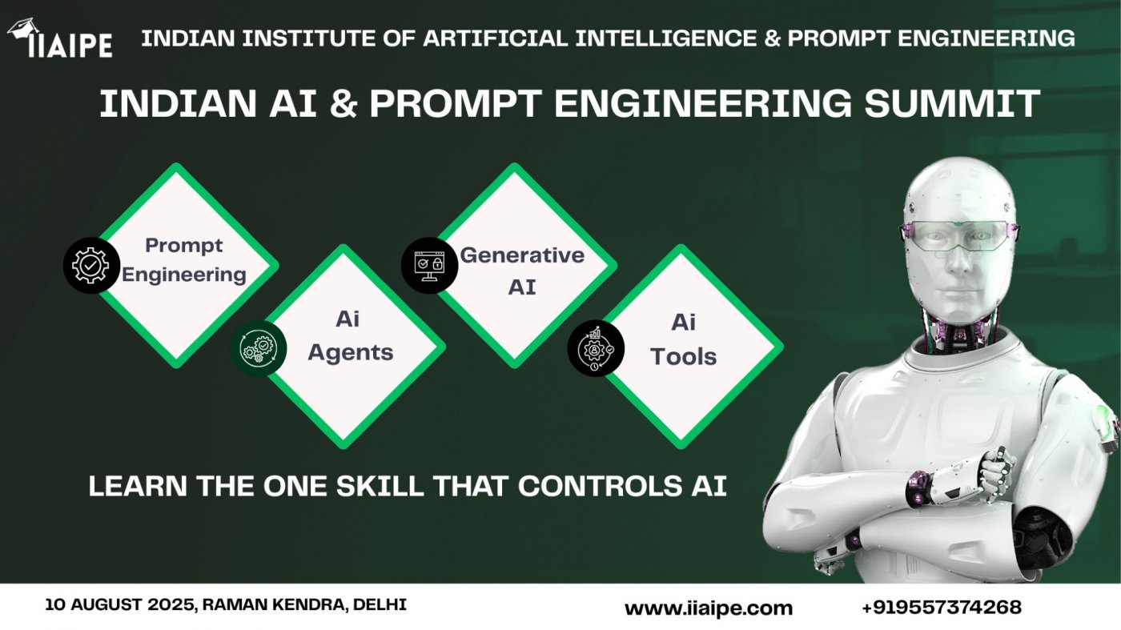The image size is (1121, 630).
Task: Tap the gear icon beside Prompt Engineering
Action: tap(91, 265)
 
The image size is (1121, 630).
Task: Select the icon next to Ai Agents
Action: tap(258, 347)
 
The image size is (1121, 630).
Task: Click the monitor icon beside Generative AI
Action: tap(429, 264)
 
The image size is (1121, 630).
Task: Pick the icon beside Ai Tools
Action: tap(596, 348)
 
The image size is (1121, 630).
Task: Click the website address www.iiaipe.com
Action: tap(708, 608)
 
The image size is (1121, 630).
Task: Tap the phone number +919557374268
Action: tap(941, 608)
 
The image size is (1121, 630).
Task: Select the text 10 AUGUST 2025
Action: tap(119, 604)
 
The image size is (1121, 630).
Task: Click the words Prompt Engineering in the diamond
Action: tap(184, 259)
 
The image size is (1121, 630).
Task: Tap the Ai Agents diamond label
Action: tap(350, 335)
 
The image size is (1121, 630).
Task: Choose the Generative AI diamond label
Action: tap(522, 271)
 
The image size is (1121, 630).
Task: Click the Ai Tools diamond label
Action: tap(683, 339)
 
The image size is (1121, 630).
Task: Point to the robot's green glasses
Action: tap(959, 236)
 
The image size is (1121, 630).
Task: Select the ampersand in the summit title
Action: tap(343, 105)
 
